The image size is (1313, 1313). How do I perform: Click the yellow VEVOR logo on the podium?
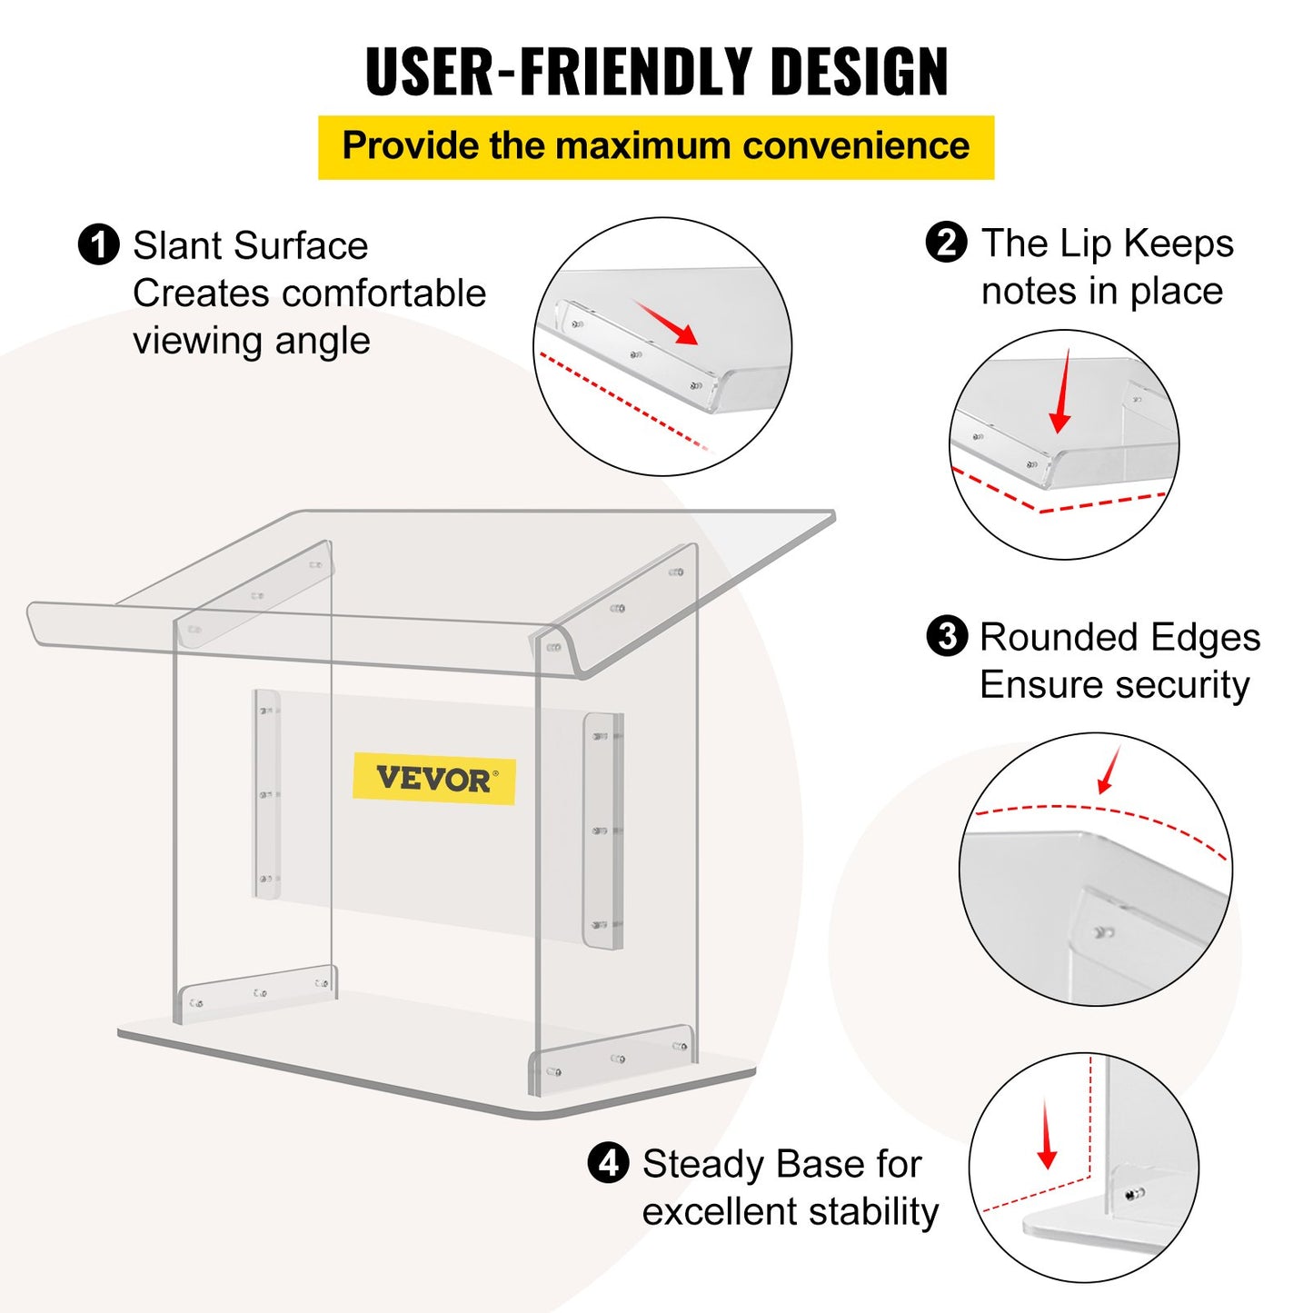click(x=433, y=779)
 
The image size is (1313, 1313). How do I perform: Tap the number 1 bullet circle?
click(x=98, y=245)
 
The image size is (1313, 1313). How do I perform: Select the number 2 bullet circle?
click(x=946, y=243)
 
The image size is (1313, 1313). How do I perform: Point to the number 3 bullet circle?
click(x=946, y=636)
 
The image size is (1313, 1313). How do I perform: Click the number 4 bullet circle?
click(x=608, y=1162)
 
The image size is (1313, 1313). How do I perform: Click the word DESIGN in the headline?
click(x=859, y=71)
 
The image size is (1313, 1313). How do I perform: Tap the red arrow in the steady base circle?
click(x=1047, y=1135)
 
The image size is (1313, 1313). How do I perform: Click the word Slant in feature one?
click(x=178, y=245)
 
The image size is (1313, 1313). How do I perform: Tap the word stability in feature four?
click(x=872, y=1211)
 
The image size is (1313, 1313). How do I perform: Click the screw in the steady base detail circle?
click(x=1133, y=1194)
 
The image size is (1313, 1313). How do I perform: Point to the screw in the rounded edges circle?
click(x=1103, y=932)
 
